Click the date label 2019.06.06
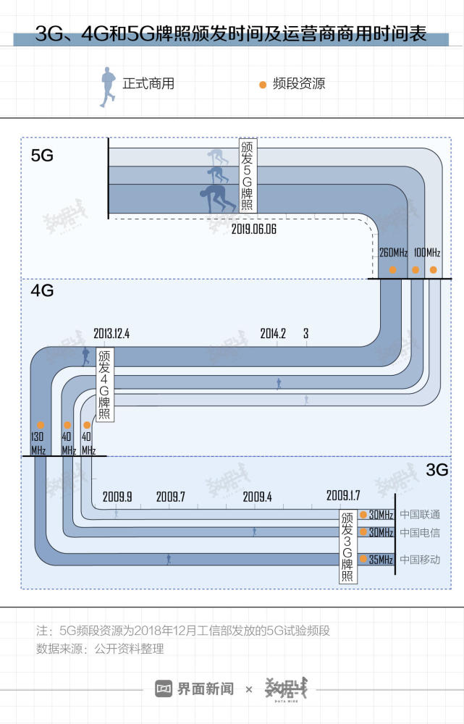pyautogui.click(x=253, y=229)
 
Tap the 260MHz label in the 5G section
pyautogui.click(x=393, y=253)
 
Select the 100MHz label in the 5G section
pyautogui.click(x=427, y=253)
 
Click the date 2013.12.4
pyautogui.click(x=111, y=333)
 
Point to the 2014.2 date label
pyautogui.click(x=273, y=333)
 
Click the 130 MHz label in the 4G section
pyautogui.click(x=38, y=443)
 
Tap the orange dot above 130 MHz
pyautogui.click(x=41, y=425)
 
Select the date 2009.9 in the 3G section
pyautogui.click(x=117, y=497)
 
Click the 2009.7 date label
pyautogui.click(x=170, y=497)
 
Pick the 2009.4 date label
pyautogui.click(x=257, y=497)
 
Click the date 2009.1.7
pyautogui.click(x=343, y=495)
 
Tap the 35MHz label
pyautogui.click(x=381, y=560)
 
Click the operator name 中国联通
pyautogui.click(x=420, y=514)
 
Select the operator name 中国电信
pyautogui.click(x=420, y=532)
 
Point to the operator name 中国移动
pyautogui.click(x=420, y=560)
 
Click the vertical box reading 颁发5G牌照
pyautogui.click(x=247, y=175)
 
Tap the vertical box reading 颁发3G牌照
pyautogui.click(x=347, y=547)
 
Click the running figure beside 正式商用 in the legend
pyautogui.click(x=108, y=87)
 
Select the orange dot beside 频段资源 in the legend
pyautogui.click(x=263, y=85)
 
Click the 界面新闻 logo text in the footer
pyautogui.click(x=205, y=689)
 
